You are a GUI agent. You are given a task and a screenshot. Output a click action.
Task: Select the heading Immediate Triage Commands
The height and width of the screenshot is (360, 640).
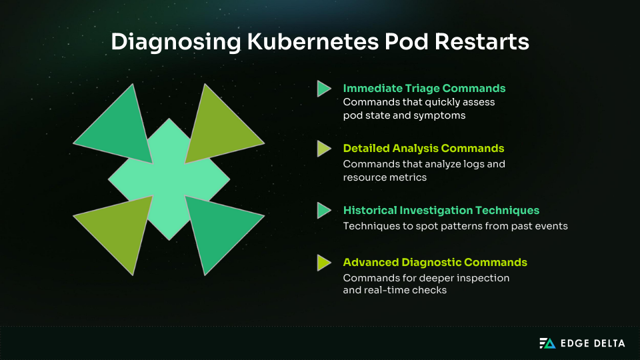tap(424, 88)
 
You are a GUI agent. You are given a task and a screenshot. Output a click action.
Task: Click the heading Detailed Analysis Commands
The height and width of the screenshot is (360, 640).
tap(423, 148)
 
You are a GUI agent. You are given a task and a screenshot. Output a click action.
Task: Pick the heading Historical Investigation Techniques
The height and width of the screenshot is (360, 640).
tap(441, 210)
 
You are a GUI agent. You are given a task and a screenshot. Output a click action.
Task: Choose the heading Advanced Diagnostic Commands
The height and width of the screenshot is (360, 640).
tap(435, 262)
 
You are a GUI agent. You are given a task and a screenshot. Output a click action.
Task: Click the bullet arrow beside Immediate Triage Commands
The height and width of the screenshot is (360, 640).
tap(324, 89)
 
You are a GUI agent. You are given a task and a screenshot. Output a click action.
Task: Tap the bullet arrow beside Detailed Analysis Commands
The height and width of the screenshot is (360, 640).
tap(324, 149)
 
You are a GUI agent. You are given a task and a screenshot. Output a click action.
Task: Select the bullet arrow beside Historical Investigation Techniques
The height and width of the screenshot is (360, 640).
tap(324, 210)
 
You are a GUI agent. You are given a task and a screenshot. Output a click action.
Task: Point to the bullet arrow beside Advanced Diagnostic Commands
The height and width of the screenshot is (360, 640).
tap(324, 263)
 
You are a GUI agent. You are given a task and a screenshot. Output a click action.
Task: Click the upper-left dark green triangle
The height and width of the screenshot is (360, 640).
tap(120, 127)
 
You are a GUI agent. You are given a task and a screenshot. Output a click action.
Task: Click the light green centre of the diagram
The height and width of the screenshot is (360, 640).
tap(169, 179)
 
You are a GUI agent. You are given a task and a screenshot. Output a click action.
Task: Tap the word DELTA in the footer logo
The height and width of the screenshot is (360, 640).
tap(608, 343)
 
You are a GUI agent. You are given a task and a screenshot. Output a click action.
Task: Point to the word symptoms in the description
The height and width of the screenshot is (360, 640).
tap(442, 115)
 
